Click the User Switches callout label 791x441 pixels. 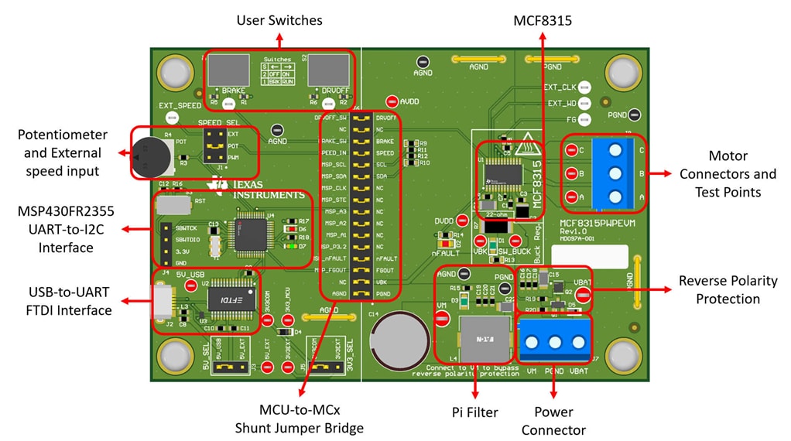tap(279, 19)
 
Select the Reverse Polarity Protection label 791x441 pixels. tap(728, 290)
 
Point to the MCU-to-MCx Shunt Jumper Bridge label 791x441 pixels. tap(299, 419)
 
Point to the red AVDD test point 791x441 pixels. tap(392, 101)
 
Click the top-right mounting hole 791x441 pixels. tap(622, 73)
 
